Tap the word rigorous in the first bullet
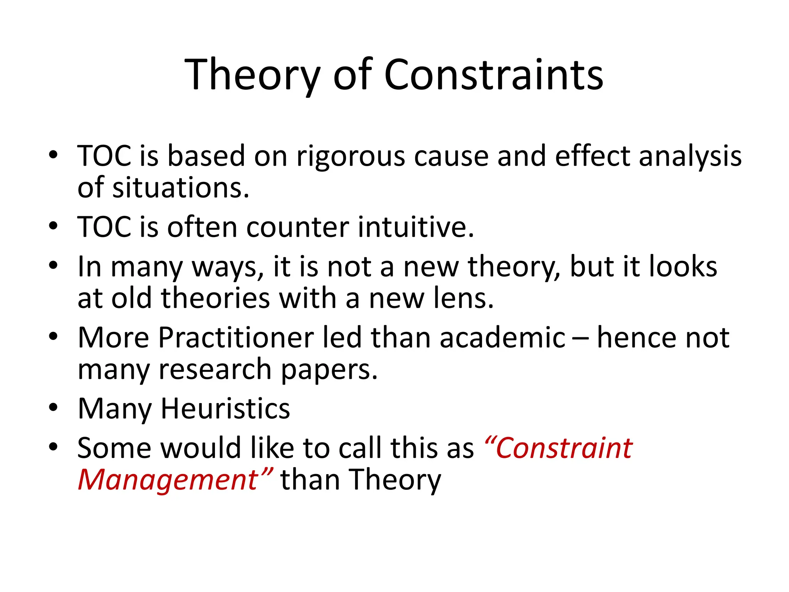(351, 156)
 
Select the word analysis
(690, 156)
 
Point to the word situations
(181, 188)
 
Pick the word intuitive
(416, 227)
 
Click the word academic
(502, 338)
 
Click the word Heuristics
(225, 409)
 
